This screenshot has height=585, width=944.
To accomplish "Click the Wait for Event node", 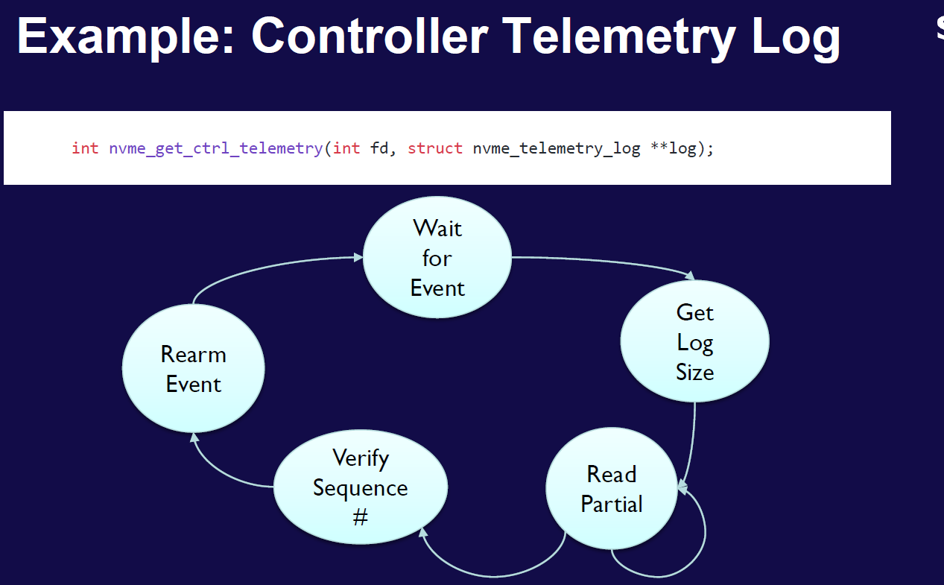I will tap(437, 258).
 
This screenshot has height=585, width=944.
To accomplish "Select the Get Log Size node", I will tap(694, 342).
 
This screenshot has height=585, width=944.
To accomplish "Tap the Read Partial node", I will tap(612, 489).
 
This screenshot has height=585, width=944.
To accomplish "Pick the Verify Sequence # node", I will tap(361, 487).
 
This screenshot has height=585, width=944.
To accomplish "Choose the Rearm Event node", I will tap(194, 369).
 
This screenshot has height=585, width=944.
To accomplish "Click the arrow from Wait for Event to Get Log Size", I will tap(604, 262).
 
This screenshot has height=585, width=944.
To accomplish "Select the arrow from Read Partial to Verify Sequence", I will tap(492, 574).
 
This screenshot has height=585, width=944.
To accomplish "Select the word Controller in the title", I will tap(370, 37).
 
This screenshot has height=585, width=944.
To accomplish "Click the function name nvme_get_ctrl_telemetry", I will tap(215, 148).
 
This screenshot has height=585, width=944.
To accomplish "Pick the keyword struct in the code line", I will tap(435, 148).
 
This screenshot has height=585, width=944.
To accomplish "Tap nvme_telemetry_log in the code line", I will tap(557, 148).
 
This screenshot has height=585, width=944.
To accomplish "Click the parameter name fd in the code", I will tap(379, 148).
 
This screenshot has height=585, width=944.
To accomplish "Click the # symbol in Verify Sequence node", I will tap(361, 517).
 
